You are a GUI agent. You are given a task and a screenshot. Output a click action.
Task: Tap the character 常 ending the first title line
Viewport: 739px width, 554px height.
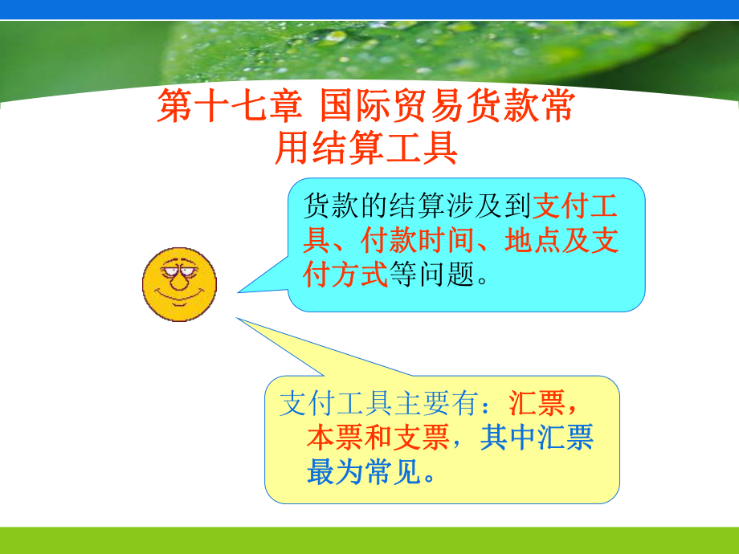pyautogui.click(x=557, y=107)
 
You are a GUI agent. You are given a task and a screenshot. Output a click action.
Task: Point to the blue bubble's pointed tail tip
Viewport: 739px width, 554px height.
pyautogui.click(x=239, y=293)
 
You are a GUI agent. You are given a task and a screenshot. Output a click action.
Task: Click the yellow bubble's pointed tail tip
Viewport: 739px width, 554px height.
pyautogui.click(x=237, y=319)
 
